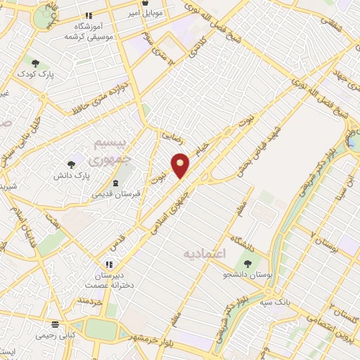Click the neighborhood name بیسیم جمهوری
(x=112, y=150)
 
